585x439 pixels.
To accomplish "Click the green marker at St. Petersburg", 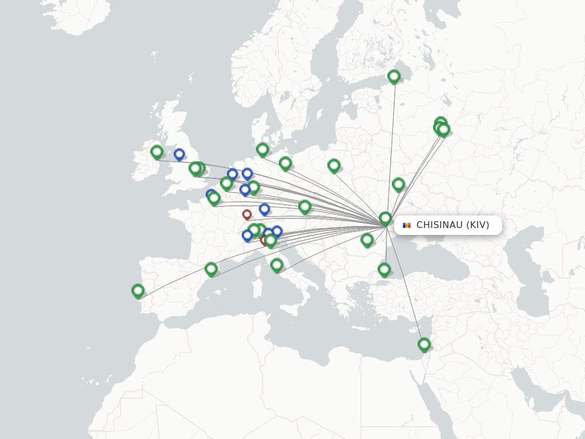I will [x=394, y=76].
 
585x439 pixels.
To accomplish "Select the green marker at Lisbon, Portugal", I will [x=138, y=290].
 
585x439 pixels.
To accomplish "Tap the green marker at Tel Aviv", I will [x=424, y=344].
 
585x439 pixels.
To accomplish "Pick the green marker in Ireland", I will [x=157, y=151].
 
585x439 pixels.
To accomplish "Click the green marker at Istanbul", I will [x=384, y=269].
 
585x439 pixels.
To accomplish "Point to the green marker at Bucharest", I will [x=367, y=240].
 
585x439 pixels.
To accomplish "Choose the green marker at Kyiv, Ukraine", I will [x=399, y=184].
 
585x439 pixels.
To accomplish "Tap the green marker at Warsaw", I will [x=334, y=165].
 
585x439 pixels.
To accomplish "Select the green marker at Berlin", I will [x=286, y=163].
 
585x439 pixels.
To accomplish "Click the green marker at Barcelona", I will [x=211, y=269].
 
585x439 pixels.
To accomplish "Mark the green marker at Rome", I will [x=277, y=265].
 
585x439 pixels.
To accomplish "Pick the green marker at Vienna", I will [x=305, y=206].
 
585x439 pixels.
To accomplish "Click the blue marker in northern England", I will [x=179, y=154].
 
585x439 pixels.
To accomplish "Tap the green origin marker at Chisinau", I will [x=386, y=218].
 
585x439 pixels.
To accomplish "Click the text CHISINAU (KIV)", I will [x=452, y=225].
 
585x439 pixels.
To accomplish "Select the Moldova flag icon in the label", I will [x=407, y=225].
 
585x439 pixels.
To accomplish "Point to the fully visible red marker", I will [x=247, y=214].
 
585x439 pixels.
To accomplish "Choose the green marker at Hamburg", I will [x=263, y=149].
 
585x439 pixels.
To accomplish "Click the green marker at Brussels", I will [x=227, y=183].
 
